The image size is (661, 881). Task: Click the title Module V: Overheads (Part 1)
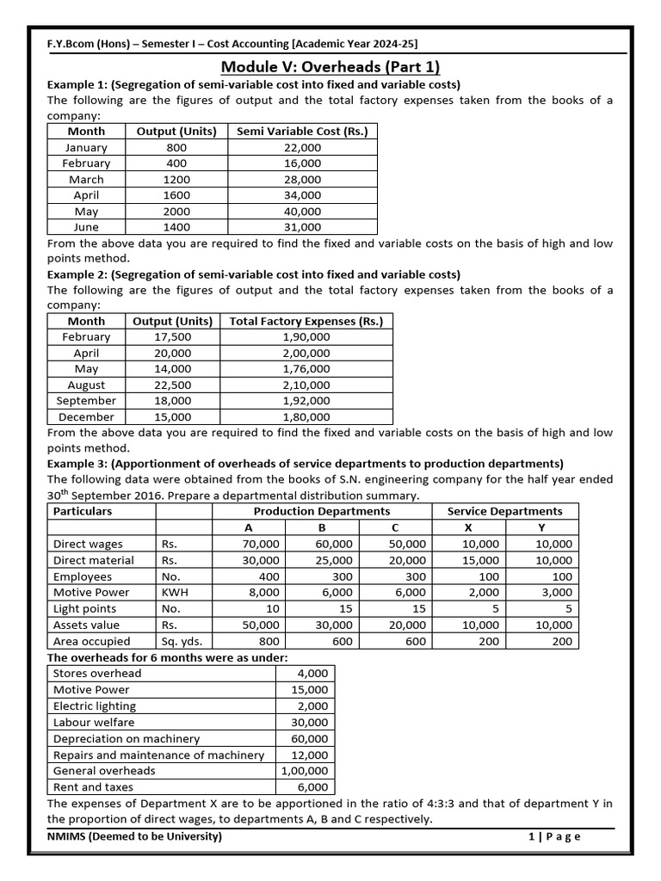(330, 67)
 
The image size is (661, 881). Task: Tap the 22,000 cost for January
(301, 147)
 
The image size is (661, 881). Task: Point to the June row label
(86, 227)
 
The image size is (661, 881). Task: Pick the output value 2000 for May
(176, 211)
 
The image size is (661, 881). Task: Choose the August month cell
(86, 385)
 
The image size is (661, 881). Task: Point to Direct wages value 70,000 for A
(261, 544)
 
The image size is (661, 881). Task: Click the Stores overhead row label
(97, 674)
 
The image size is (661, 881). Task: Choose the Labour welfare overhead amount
(310, 723)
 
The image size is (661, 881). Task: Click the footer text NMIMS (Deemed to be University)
(135, 837)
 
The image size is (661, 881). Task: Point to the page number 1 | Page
(554, 837)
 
